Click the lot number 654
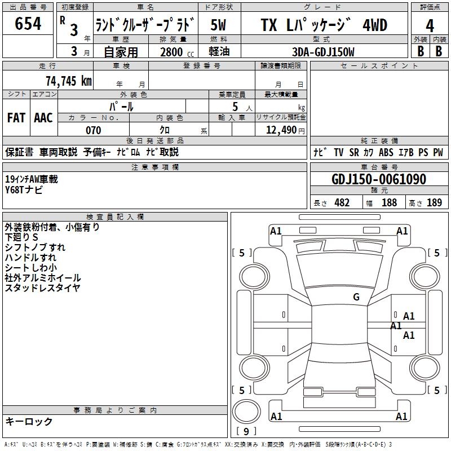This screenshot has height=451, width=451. [x=28, y=24]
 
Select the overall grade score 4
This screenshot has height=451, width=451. [x=430, y=25]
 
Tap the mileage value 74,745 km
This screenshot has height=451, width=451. [x=69, y=81]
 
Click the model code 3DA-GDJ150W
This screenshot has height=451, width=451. [x=323, y=52]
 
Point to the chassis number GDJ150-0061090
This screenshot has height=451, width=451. [x=379, y=179]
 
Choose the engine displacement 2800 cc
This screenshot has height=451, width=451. [x=177, y=52]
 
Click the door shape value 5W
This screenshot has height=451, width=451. [x=218, y=25]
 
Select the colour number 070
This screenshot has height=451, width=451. [x=94, y=130]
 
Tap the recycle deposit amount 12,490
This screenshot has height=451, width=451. [x=281, y=130]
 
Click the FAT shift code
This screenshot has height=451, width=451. [x=16, y=118]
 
